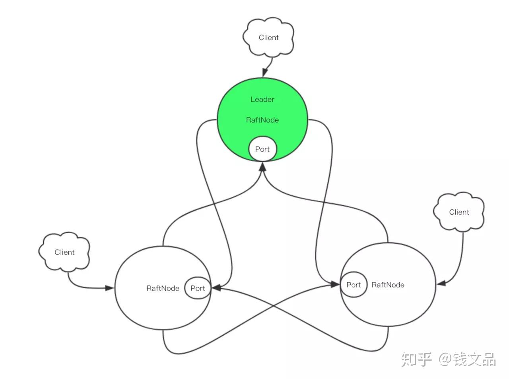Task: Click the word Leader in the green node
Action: [x=262, y=99]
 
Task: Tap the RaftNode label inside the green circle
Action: [x=262, y=120]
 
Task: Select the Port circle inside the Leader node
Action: [x=262, y=149]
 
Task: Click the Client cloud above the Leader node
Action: [x=268, y=37]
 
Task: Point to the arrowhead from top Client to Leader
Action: [x=265, y=72]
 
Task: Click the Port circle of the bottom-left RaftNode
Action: [x=198, y=288]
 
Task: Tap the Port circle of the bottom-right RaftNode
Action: [x=354, y=285]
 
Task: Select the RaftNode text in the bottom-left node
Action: [x=163, y=288]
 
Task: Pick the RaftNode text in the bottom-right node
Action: [x=388, y=285]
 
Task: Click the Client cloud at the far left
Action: [x=64, y=252]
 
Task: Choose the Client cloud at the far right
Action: [x=459, y=212]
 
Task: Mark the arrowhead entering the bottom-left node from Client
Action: [x=109, y=288]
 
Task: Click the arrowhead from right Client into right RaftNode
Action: [x=441, y=283]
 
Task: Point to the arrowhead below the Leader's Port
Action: [x=263, y=167]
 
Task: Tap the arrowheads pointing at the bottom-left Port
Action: [x=216, y=287]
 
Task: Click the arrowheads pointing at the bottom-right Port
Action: [x=335, y=284]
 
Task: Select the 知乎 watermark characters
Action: [x=416, y=359]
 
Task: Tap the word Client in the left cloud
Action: [x=64, y=252]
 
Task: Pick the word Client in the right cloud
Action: [x=459, y=212]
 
